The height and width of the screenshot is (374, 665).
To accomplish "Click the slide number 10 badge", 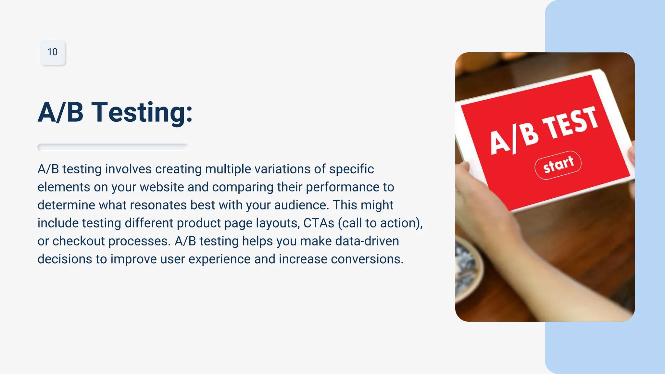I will coord(52,52).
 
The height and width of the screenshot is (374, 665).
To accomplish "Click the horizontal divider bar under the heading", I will coord(112,147).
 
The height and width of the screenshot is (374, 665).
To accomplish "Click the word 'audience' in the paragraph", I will coord(300,205).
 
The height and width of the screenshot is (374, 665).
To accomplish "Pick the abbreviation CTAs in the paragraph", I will coord(319,223).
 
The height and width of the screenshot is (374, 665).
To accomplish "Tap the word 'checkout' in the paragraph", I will coord(78,241).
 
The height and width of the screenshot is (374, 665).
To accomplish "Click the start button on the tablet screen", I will coord(558,165).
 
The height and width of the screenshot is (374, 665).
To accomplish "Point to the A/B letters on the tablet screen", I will coord(514,139).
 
